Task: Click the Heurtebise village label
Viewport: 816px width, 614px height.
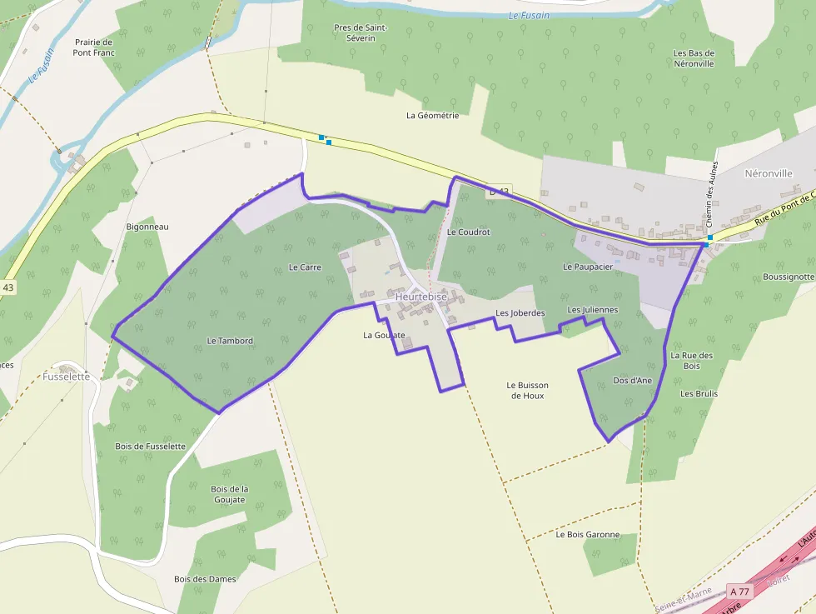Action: (x=421, y=297)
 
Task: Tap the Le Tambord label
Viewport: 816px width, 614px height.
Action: (x=230, y=341)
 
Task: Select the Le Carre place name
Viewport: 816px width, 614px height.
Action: (x=305, y=267)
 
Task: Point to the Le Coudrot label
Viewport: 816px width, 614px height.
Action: (x=469, y=232)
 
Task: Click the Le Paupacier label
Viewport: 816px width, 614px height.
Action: (x=588, y=267)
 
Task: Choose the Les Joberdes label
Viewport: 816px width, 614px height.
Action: (x=520, y=313)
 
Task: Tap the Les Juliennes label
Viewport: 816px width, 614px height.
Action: (x=593, y=310)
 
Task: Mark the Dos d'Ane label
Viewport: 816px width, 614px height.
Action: (x=632, y=380)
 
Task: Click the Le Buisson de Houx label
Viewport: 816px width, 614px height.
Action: (x=528, y=390)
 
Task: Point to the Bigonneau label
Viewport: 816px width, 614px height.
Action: (x=147, y=227)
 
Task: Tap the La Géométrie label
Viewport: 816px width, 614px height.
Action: (x=432, y=116)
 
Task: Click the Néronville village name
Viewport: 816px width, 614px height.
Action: (x=767, y=173)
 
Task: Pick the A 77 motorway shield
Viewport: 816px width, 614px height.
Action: (x=739, y=591)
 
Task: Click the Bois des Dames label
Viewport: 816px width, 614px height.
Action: (x=205, y=579)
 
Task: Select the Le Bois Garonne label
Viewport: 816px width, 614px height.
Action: (x=588, y=534)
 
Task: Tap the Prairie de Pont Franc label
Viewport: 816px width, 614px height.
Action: (x=94, y=47)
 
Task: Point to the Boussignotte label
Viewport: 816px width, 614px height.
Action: (x=789, y=277)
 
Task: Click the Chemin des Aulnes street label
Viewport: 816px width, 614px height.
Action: (x=710, y=205)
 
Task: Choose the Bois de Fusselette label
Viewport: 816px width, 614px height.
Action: (x=150, y=446)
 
